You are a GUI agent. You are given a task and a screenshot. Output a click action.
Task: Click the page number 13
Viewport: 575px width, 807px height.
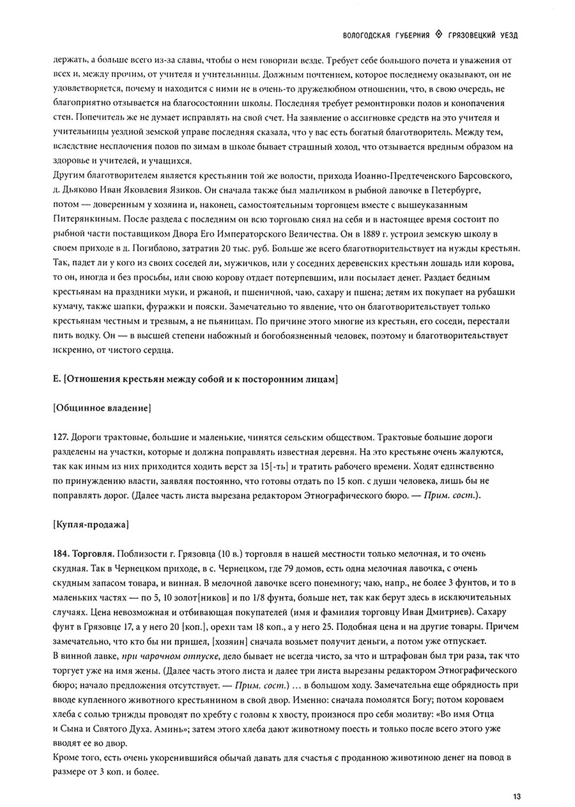point(516,796)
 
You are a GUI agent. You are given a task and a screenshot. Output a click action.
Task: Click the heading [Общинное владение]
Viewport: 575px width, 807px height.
point(103,407)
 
